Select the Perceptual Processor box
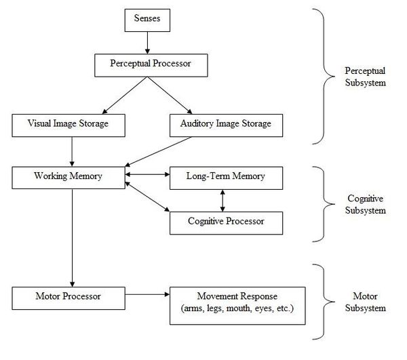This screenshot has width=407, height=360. tap(147, 64)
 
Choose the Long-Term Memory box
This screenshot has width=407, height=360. tap(225, 177)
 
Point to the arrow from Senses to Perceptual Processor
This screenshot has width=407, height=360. tap(147, 43)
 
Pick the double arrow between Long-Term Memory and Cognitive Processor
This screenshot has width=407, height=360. tap(223, 199)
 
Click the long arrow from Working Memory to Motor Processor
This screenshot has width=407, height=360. tap(71, 237)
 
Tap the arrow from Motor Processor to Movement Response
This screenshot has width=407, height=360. tap(148, 296)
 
